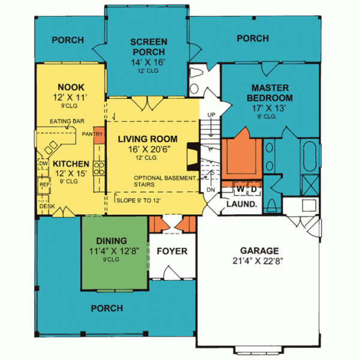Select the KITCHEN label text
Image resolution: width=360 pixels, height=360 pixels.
70,163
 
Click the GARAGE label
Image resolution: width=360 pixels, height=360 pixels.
261,250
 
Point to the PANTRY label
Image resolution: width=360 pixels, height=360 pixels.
93,134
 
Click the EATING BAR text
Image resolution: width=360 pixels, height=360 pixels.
67,122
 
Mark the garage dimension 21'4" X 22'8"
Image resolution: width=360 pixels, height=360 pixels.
261,261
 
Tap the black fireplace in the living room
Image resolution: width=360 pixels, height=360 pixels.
191,155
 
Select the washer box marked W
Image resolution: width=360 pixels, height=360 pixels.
240,190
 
